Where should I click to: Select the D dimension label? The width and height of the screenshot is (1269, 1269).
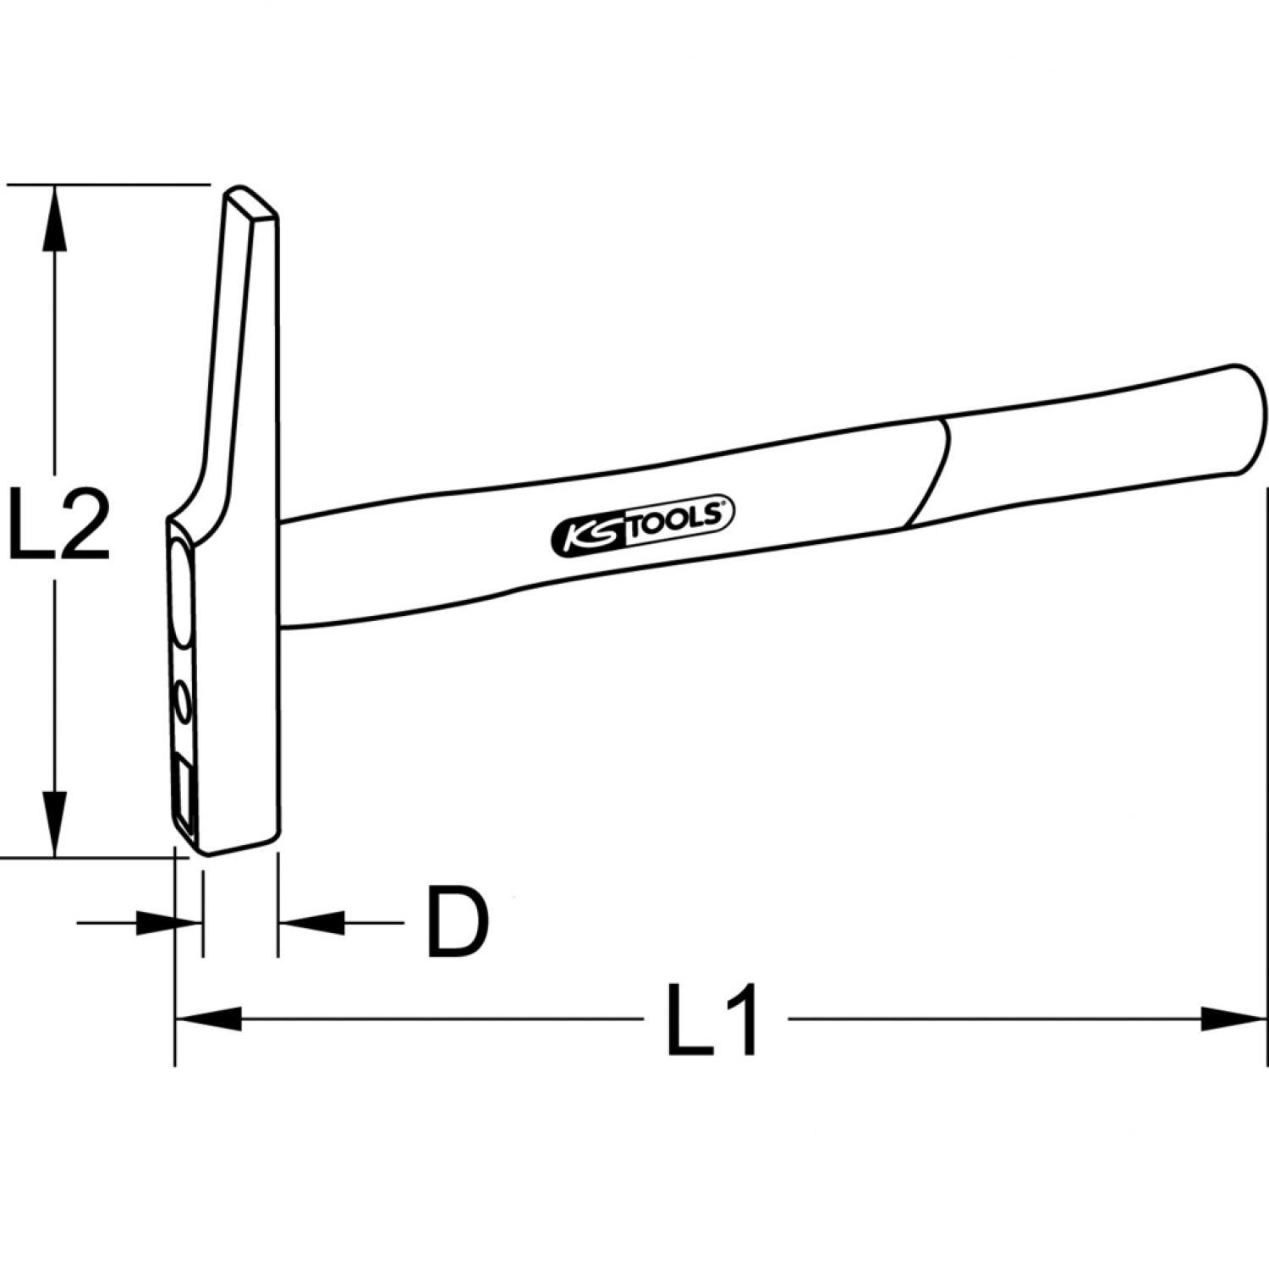click(x=458, y=922)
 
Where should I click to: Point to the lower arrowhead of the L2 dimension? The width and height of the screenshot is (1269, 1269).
click(x=55, y=823)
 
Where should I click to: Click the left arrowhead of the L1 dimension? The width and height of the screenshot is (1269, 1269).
click(x=208, y=1019)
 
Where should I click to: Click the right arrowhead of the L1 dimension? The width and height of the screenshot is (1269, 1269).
click(x=1234, y=1019)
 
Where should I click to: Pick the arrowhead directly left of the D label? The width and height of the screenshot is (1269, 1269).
click(x=312, y=923)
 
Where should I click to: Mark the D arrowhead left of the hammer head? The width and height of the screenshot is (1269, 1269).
click(x=168, y=923)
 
